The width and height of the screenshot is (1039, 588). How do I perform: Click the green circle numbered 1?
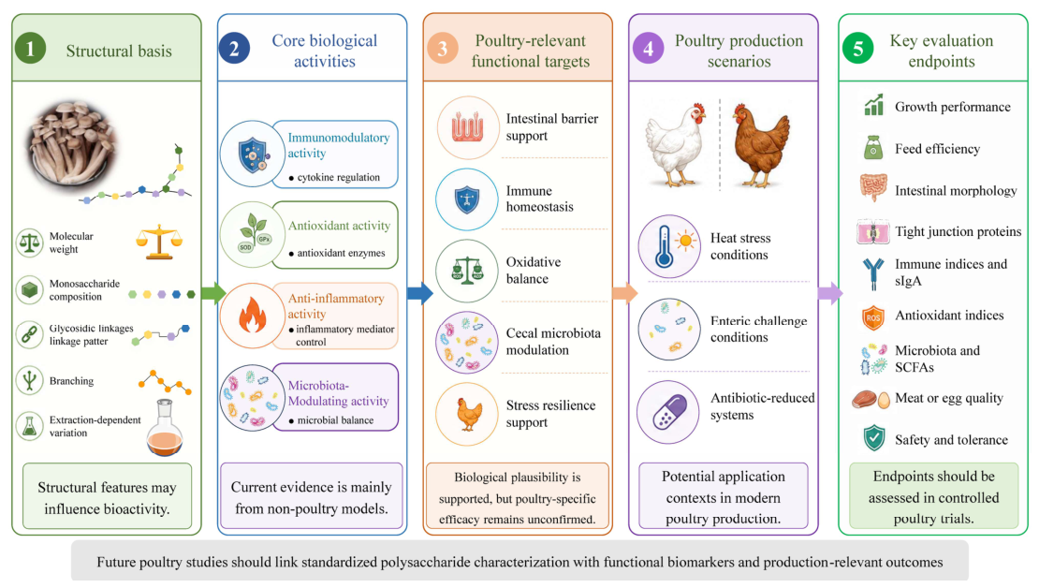coord(31,49)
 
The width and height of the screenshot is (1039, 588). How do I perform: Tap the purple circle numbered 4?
coord(648,49)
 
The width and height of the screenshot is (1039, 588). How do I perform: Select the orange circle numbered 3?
coord(443,49)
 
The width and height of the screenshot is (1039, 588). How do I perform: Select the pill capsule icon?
coord(668,412)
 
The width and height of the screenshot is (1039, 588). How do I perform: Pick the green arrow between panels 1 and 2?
coord(213,292)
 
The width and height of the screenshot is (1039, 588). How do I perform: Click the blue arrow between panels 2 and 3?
coord(419,292)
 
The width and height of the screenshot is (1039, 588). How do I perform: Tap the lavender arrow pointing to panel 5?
coord(830,292)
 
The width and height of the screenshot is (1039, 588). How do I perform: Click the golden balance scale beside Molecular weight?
coord(159,242)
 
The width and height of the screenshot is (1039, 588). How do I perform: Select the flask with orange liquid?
coord(165,428)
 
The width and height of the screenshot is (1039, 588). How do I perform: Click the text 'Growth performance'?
coord(952,107)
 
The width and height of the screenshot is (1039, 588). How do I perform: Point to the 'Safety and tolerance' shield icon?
coord(874,438)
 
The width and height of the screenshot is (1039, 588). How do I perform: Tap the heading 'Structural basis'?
coord(119,51)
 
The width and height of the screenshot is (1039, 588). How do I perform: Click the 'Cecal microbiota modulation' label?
coord(553,342)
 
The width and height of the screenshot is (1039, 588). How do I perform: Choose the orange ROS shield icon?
coord(872,317)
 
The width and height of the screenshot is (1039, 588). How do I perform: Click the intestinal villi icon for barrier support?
coord(468,128)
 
